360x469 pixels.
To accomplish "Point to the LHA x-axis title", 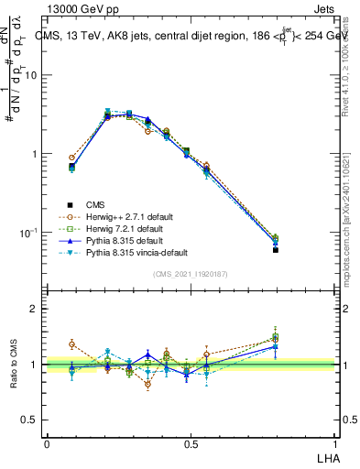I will pos(325,457).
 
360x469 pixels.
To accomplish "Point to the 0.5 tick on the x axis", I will pos(191,443).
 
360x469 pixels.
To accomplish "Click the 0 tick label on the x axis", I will pos(47,443).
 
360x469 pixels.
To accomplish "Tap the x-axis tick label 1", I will pos(336,443).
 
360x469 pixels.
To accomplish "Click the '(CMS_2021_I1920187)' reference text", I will pos(191,274).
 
